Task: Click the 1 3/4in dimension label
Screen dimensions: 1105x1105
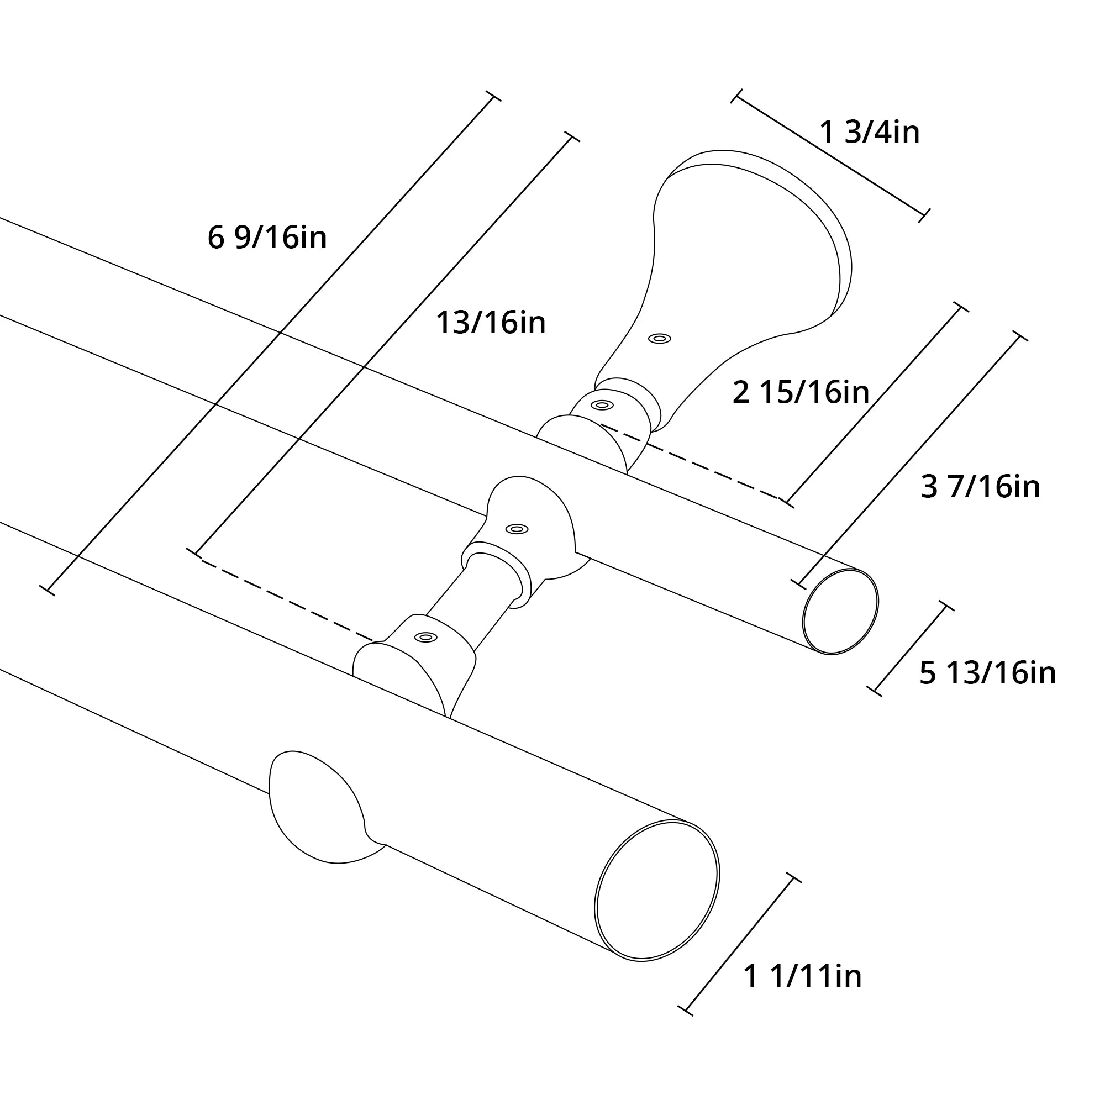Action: click(869, 132)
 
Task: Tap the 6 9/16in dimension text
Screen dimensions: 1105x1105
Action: click(267, 238)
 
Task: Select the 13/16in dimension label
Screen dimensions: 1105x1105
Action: click(491, 323)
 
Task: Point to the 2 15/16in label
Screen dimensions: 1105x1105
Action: click(800, 393)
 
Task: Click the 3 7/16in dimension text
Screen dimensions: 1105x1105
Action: click(980, 487)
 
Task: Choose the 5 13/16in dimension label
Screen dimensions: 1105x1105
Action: click(987, 672)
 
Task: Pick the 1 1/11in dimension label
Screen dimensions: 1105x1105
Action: click(802, 976)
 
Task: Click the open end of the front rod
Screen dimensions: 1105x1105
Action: click(656, 891)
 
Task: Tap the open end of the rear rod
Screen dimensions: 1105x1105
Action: click(840, 612)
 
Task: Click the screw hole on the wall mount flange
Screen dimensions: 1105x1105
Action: click(660, 339)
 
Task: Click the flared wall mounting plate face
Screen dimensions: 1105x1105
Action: click(755, 240)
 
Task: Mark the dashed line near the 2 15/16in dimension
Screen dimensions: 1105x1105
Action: click(692, 462)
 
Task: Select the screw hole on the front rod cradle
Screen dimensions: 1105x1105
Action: click(425, 637)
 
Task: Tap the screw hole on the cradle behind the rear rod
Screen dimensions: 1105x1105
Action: click(602, 405)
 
